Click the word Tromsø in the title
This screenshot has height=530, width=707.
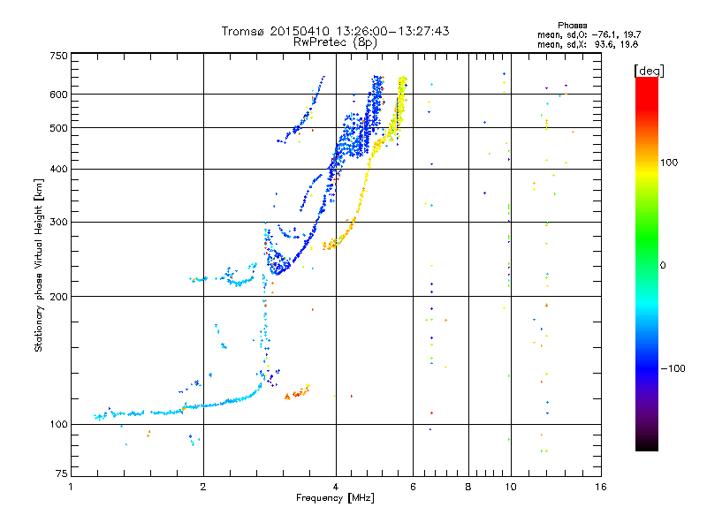(244, 31)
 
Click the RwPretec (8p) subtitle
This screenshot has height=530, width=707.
(335, 42)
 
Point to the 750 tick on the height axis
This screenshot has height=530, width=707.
(58, 56)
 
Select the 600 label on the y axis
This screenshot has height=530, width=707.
(58, 95)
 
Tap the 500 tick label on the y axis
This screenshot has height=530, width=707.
(58, 128)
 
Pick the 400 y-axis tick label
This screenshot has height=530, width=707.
(58, 170)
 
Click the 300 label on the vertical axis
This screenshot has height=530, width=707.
(58, 223)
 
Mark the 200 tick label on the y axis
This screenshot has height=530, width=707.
(58, 297)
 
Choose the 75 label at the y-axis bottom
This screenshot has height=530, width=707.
(62, 473)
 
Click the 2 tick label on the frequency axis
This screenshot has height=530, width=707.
(203, 487)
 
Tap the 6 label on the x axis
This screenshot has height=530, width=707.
(413, 487)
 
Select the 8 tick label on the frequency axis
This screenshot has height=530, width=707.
(468, 487)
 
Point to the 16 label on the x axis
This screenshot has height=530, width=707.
(601, 487)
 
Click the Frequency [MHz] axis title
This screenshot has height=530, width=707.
(335, 498)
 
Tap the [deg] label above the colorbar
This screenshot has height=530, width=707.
(649, 71)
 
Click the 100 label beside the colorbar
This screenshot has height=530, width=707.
(669, 163)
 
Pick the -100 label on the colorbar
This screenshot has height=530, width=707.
(673, 368)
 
